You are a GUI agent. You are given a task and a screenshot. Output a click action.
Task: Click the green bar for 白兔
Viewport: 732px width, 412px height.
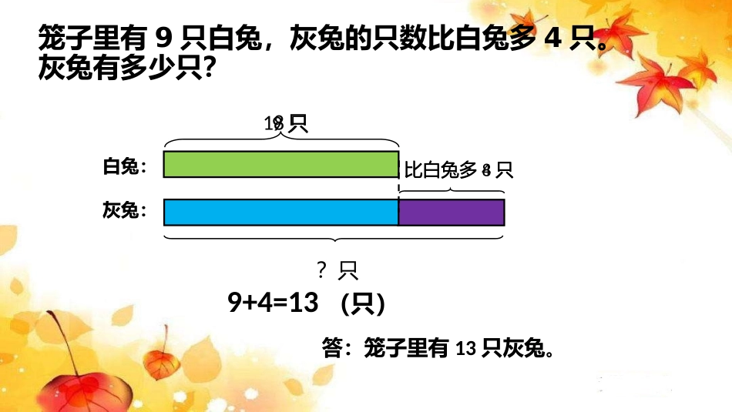pos(281,165)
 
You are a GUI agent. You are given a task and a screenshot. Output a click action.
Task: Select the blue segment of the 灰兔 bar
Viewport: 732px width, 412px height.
pos(281,212)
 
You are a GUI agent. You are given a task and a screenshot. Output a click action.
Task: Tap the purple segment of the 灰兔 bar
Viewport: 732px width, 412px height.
pos(452,212)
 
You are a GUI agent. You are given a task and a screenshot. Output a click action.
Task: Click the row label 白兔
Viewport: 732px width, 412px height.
pos(121,166)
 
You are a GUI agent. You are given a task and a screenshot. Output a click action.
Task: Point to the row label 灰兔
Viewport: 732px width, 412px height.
pos(121,210)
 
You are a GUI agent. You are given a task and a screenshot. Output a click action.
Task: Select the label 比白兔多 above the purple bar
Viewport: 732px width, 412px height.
pos(442,169)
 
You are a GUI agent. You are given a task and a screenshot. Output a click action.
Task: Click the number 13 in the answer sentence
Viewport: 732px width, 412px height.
pos(465,350)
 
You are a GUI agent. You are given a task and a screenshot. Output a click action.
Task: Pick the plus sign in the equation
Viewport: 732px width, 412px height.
pos(250,303)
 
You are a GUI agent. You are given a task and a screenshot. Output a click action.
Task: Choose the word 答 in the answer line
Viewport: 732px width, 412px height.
pos(331,350)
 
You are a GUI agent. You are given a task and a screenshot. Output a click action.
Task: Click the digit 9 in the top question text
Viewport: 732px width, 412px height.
pos(162,37)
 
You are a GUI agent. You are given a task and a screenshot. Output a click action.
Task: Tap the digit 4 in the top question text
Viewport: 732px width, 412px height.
pos(550,37)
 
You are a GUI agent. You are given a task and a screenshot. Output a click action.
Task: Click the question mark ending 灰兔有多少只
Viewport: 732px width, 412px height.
pos(205,70)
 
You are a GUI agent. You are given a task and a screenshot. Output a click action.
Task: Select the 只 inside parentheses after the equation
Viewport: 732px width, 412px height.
pos(362,304)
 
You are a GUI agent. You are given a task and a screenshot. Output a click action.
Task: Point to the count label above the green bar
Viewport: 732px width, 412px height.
pos(285,123)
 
